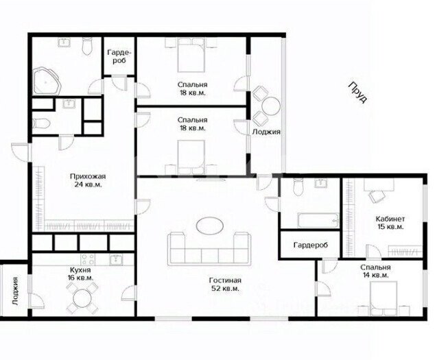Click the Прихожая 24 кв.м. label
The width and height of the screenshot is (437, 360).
click(x=88, y=180)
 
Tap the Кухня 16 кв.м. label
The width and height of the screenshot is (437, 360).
click(x=80, y=274)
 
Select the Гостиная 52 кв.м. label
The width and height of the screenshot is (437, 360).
click(x=225, y=285)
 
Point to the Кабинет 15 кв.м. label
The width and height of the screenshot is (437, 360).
click(x=390, y=223)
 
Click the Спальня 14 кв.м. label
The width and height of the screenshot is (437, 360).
click(x=375, y=272)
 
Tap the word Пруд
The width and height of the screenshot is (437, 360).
click(x=358, y=93)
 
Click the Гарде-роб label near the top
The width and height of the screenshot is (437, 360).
click(x=119, y=56)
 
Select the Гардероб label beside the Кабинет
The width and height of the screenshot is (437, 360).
click(x=311, y=245)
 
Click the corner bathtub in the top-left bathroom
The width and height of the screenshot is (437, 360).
click(x=47, y=80)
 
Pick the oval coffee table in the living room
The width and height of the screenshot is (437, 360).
click(x=210, y=226)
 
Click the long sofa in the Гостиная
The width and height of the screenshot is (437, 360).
click(x=209, y=248)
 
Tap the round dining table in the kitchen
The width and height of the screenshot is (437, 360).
click(x=82, y=298)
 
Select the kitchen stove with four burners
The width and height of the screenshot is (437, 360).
click(x=88, y=259)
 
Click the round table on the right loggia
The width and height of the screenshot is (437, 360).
click(x=271, y=106)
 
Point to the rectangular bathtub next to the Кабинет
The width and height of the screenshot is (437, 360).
click(x=318, y=221)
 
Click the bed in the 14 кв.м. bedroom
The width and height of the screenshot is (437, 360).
click(x=383, y=298)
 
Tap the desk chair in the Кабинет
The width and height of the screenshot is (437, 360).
click(x=375, y=197)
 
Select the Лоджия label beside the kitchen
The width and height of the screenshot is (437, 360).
click(x=15, y=291)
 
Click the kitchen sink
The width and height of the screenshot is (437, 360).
click(x=115, y=259)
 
